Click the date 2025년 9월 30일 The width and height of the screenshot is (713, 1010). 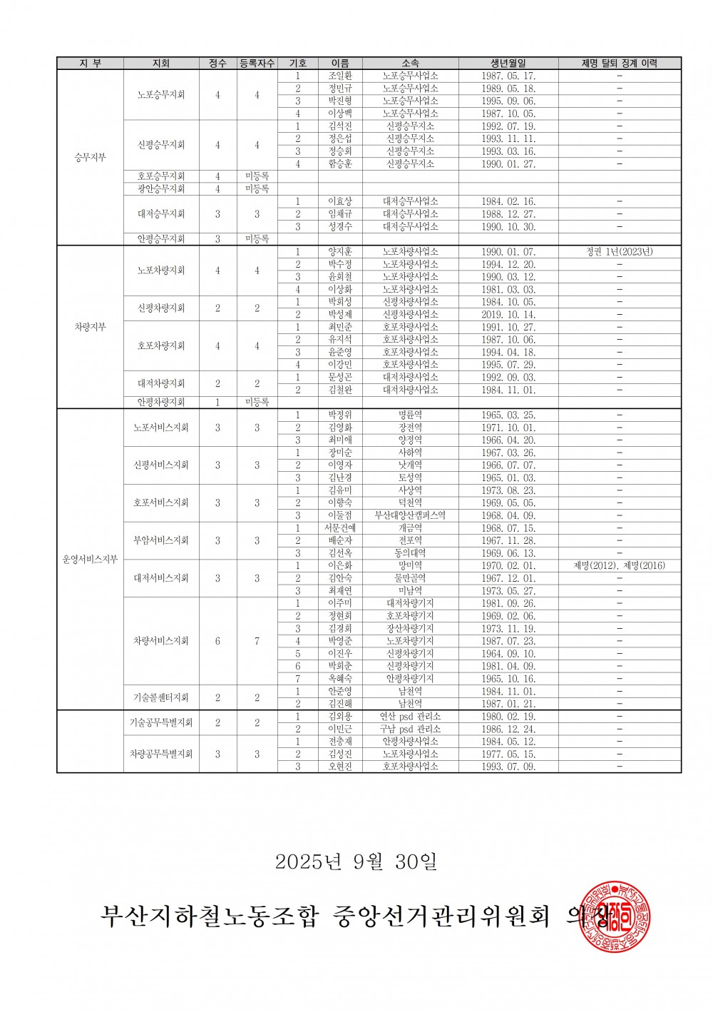pyautogui.click(x=356, y=862)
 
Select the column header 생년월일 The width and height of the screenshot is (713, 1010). pyautogui.click(x=508, y=64)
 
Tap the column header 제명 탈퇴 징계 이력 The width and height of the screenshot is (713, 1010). pyautogui.click(x=619, y=64)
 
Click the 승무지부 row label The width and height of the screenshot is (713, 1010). pyautogui.click(x=91, y=158)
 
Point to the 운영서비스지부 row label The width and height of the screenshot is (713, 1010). pyautogui.click(x=91, y=560)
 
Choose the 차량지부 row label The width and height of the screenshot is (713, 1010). pyautogui.click(x=91, y=327)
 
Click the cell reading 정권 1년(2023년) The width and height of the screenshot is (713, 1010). pyautogui.click(x=619, y=252)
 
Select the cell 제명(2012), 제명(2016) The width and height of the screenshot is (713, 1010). pyautogui.click(x=619, y=566)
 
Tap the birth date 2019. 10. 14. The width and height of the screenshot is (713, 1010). pyautogui.click(x=508, y=315)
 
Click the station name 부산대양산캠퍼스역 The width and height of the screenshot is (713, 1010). pyautogui.click(x=410, y=515)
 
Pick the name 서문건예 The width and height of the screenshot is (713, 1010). pyautogui.click(x=339, y=528)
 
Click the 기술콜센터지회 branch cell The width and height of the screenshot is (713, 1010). pyautogui.click(x=161, y=697)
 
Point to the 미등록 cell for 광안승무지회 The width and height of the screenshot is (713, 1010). pyautogui.click(x=257, y=189)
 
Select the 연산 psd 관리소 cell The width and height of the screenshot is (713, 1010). pyautogui.click(x=410, y=716)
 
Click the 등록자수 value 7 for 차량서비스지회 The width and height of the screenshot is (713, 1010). pyautogui.click(x=257, y=641)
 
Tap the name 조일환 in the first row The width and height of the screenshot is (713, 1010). pyautogui.click(x=339, y=76)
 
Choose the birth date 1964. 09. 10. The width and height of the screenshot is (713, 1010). pyautogui.click(x=508, y=654)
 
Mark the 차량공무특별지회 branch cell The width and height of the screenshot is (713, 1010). pyautogui.click(x=161, y=754)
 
